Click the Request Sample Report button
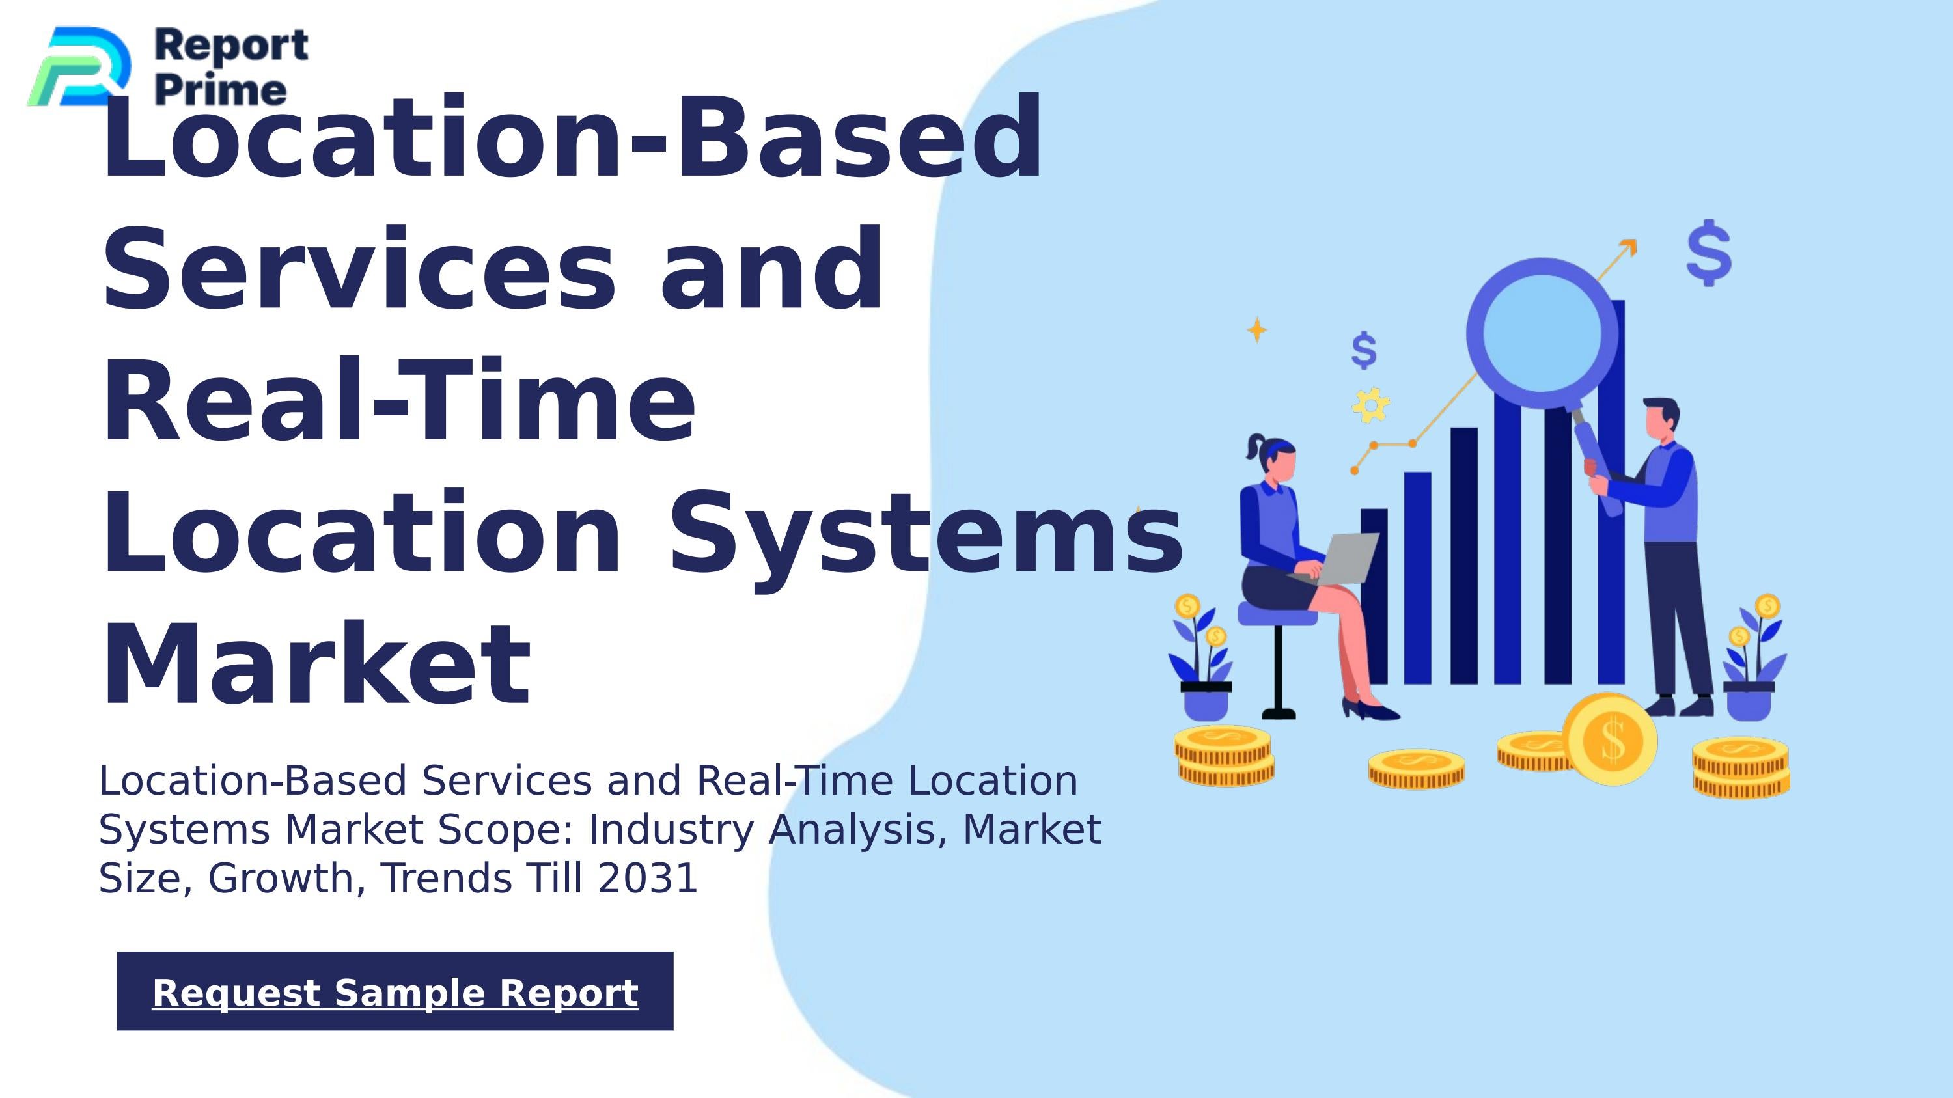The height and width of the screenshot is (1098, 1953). pos(395,991)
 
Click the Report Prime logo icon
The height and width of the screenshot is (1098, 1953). pos(79,66)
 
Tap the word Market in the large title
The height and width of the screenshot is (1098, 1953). pos(316,665)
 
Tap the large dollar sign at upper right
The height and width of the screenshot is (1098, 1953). pos(1709,253)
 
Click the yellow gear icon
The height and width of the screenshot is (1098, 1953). pos(1371,405)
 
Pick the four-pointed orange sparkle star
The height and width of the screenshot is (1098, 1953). pos(1257,329)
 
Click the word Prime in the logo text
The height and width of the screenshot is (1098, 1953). pos(221,90)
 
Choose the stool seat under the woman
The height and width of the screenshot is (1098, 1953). pos(1277,614)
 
